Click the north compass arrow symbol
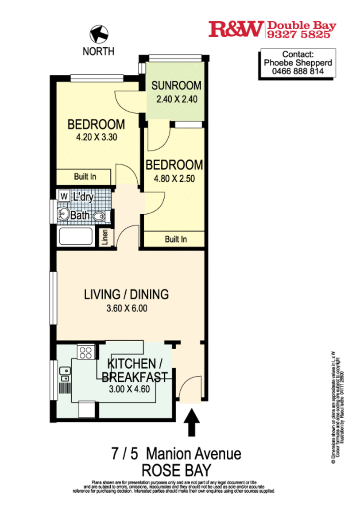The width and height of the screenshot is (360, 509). (98, 34)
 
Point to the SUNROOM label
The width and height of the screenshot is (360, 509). (176, 85)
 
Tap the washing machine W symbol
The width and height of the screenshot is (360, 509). (64, 196)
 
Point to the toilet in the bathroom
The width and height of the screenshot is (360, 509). (100, 216)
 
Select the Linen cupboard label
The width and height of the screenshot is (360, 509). (105, 238)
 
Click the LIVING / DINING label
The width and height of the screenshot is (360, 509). (127, 294)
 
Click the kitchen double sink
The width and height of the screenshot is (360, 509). (64, 374)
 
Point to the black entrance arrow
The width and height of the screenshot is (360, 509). (191, 423)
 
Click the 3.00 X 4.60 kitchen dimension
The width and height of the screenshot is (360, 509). (128, 389)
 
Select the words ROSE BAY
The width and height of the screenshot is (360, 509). (175, 469)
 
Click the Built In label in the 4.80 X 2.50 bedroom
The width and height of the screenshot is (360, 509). (176, 239)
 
